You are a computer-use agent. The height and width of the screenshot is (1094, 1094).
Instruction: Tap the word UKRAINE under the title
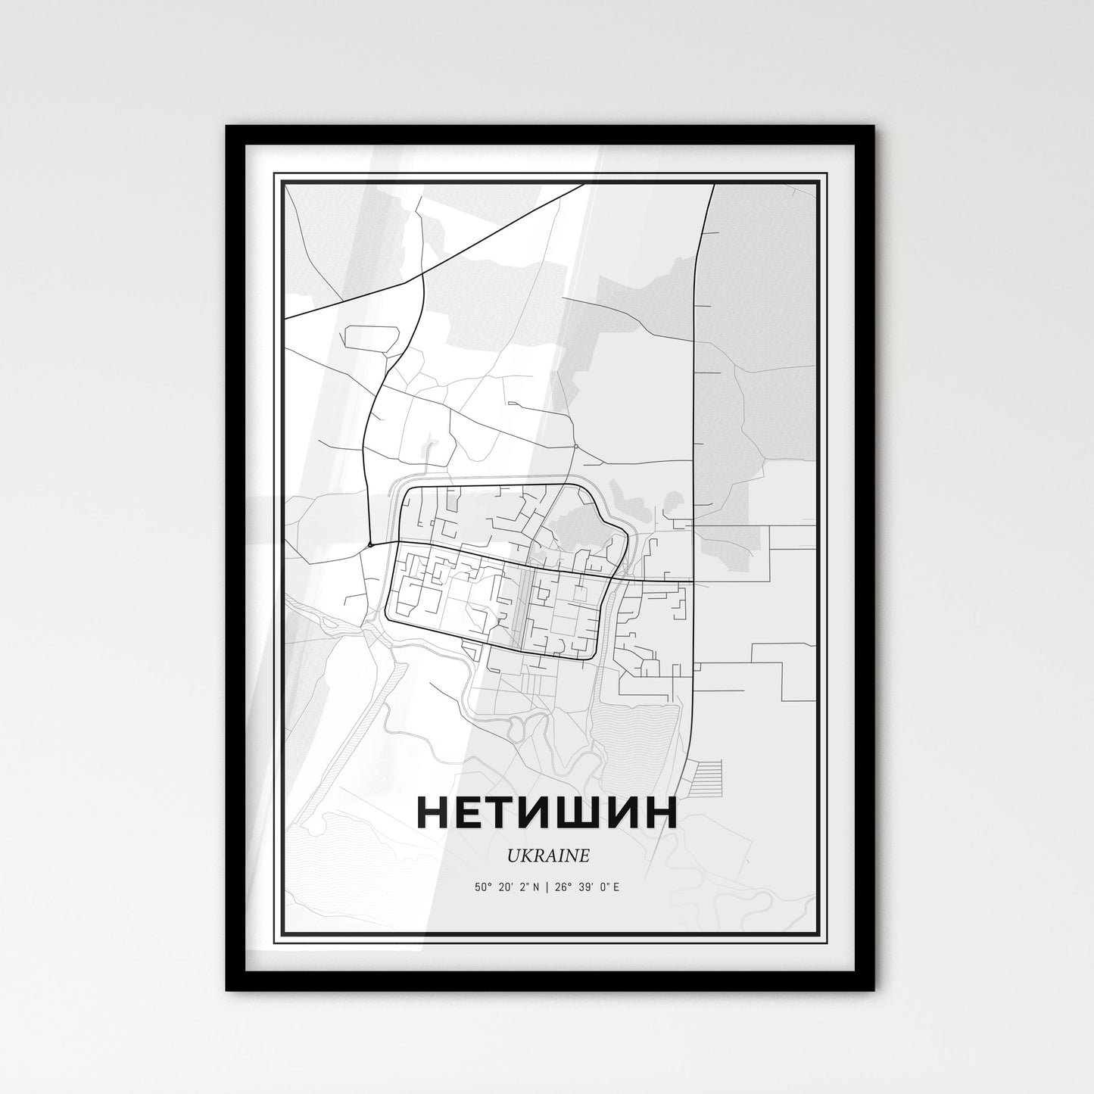pos(547,856)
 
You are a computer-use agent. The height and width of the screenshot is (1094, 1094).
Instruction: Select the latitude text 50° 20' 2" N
pos(506,887)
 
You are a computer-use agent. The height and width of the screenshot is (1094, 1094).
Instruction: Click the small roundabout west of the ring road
pos(369,544)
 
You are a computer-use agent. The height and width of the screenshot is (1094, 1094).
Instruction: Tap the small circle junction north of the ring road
pos(576,447)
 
